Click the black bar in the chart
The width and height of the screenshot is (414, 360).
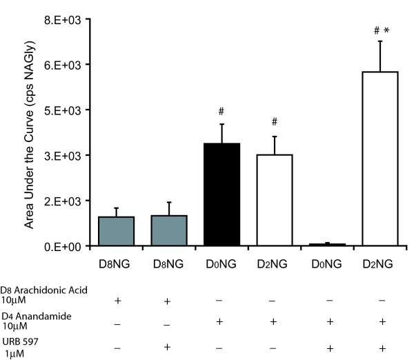coord(221,194)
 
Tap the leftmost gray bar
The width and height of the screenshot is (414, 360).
coord(116,231)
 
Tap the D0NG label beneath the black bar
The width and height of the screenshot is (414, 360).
coord(221,264)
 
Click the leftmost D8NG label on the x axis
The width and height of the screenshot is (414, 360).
coord(116,264)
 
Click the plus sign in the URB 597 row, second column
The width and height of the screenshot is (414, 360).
coord(168,345)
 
